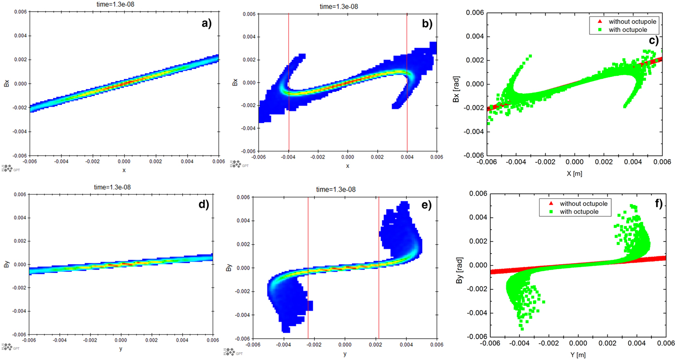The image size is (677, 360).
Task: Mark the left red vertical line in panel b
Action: point(289,82)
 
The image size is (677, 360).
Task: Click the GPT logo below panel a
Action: point(10,168)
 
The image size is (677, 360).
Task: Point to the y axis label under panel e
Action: point(345,355)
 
